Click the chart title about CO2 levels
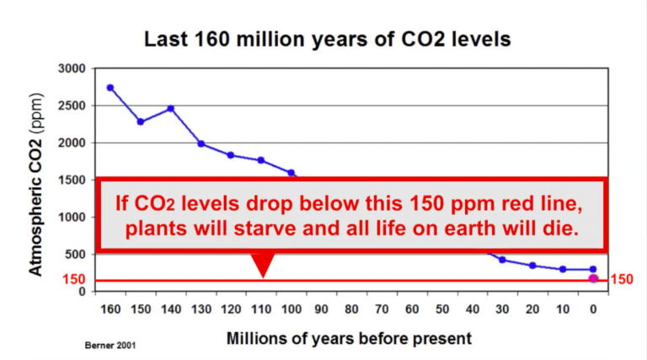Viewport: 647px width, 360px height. pos(327,39)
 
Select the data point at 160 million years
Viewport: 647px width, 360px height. pos(110,88)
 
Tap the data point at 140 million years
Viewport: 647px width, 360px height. pos(170,108)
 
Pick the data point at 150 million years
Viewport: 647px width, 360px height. pos(141,121)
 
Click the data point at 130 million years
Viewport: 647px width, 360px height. pos(201,143)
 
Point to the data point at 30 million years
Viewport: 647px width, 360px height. pos(502,260)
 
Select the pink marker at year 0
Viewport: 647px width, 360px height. pos(593,278)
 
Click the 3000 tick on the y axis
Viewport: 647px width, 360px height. pos(74,68)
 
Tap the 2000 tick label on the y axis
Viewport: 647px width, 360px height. pos(74,142)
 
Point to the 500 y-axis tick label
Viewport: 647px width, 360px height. pos(78,255)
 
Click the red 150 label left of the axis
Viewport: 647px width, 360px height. pos(75,279)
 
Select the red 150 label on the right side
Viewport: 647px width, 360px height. pos(621,279)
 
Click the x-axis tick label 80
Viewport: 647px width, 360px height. pos(351,310)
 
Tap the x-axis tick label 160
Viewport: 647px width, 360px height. pos(110,310)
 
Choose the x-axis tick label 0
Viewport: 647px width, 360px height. pos(593,310)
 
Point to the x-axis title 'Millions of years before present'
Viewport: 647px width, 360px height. pos(349,338)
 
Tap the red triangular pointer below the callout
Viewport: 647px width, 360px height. pos(263,264)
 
